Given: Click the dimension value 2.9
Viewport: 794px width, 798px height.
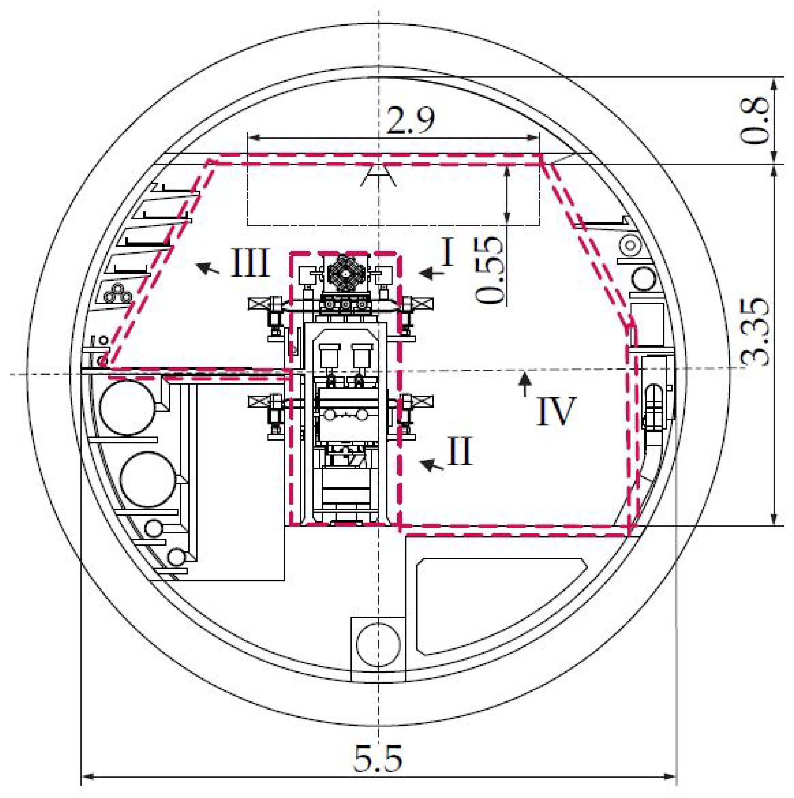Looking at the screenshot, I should click(410, 120).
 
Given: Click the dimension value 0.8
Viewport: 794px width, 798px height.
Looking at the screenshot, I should click(755, 121).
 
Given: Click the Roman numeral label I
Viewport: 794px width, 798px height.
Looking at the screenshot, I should click(448, 252).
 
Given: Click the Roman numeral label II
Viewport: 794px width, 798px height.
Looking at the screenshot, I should click(459, 451).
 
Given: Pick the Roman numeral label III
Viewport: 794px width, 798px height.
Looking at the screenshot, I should click(250, 262).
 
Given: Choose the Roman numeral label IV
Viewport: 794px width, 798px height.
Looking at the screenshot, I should click(556, 411).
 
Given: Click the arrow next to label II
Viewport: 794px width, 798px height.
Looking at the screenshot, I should click(431, 465).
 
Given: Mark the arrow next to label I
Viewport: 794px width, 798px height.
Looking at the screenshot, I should click(431, 273).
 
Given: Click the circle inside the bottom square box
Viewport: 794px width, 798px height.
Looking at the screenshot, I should click(378, 644).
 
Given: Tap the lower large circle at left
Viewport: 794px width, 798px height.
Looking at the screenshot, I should click(147, 480).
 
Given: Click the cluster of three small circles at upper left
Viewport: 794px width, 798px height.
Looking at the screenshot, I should click(117, 294).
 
